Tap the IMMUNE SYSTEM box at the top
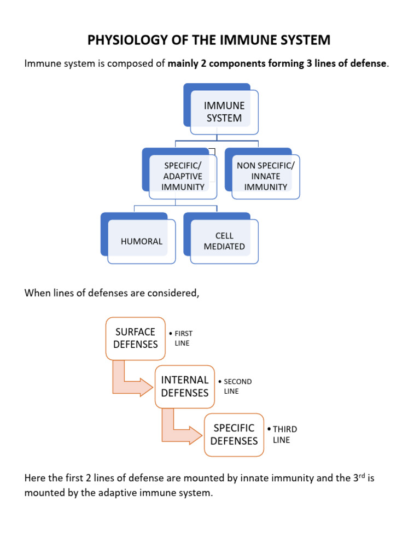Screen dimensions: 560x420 (x=224, y=112)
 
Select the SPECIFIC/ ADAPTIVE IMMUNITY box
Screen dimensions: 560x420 (x=183, y=176)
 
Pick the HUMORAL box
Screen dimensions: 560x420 (x=142, y=241)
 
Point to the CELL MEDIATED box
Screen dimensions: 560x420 (x=224, y=241)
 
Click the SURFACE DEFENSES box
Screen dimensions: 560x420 (x=136, y=338)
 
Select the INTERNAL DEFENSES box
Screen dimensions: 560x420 (x=185, y=386)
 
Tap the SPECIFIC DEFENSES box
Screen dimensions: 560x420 (x=234, y=434)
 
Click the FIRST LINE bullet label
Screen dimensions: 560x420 (x=182, y=338)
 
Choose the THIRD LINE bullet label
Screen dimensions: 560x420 (x=283, y=434)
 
